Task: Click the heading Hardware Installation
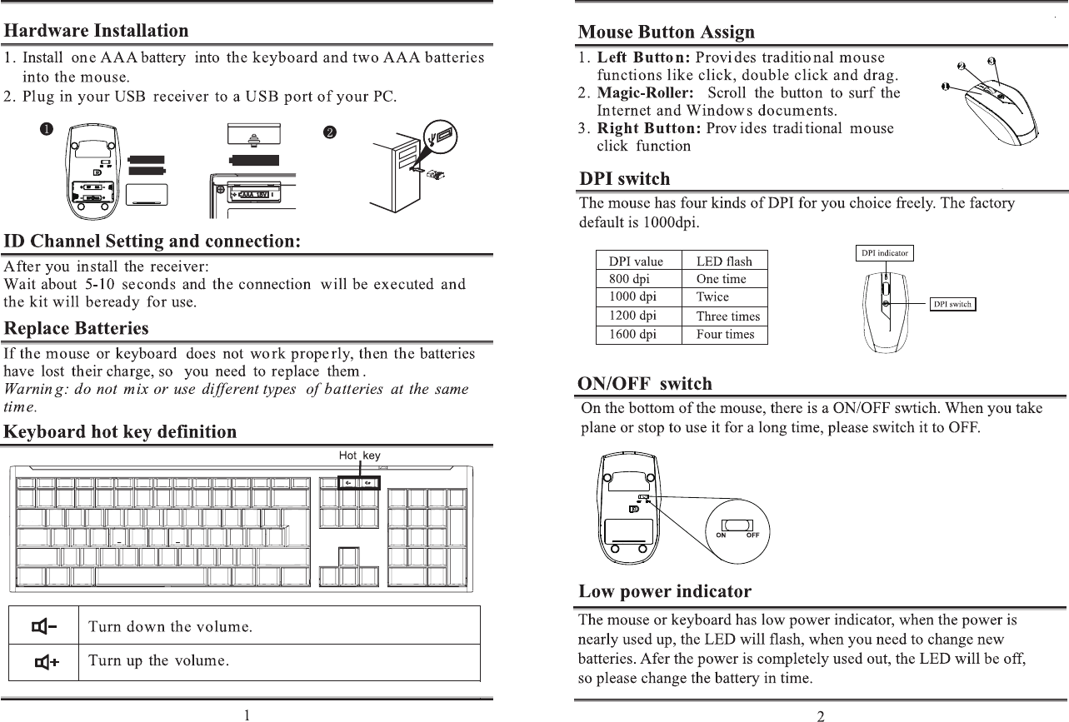(97, 31)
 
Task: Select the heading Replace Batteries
(77, 328)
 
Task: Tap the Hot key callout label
(359, 456)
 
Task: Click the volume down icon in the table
(45, 625)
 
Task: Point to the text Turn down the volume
(171, 626)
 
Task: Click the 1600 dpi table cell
(633, 335)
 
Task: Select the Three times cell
(727, 316)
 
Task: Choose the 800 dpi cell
(630, 279)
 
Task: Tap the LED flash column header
(724, 261)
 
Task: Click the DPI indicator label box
(885, 252)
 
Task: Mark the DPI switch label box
(952, 304)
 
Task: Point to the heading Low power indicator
(665, 592)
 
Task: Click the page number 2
(821, 715)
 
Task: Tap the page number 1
(247, 715)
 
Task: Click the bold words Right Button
(648, 128)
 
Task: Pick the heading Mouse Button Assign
(667, 32)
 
